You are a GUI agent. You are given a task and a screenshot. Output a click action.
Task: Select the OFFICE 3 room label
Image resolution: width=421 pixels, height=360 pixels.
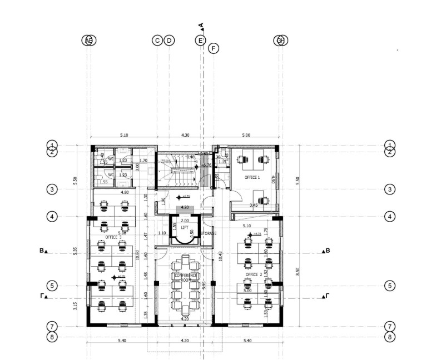click(x=114, y=237)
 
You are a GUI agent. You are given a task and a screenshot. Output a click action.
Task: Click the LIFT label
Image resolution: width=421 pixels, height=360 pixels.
click(x=185, y=228)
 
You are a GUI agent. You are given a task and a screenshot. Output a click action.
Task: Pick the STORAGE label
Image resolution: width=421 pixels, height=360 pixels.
click(x=208, y=233)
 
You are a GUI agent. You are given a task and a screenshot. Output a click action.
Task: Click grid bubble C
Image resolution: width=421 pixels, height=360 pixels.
click(x=157, y=40)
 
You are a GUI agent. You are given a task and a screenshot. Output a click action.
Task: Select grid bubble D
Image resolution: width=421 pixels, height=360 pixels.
click(x=170, y=40)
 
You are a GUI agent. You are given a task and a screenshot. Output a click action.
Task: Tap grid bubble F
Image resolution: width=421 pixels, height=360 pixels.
click(x=214, y=48)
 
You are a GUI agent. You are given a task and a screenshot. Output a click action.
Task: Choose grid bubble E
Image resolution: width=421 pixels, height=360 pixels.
click(x=200, y=40)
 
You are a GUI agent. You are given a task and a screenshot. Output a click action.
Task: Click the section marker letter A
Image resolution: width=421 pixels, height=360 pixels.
click(x=201, y=26)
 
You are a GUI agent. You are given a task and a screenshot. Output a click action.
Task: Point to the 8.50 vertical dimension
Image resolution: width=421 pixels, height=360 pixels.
click(x=298, y=271)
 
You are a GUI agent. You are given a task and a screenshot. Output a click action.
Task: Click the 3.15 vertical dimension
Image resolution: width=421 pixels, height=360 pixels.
click(x=76, y=306)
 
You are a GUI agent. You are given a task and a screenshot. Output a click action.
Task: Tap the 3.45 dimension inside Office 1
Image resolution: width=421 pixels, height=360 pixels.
click(x=254, y=205)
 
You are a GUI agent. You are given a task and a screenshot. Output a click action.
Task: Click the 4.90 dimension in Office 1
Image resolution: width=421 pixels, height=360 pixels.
click(x=273, y=179)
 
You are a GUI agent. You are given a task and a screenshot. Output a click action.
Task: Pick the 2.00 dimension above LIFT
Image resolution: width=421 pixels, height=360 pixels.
click(x=185, y=221)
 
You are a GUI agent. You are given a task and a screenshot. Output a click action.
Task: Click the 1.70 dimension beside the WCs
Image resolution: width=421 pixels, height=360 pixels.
click(x=143, y=161)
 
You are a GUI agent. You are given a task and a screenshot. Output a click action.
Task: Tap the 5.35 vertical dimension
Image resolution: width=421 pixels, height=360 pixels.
click(x=76, y=251)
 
